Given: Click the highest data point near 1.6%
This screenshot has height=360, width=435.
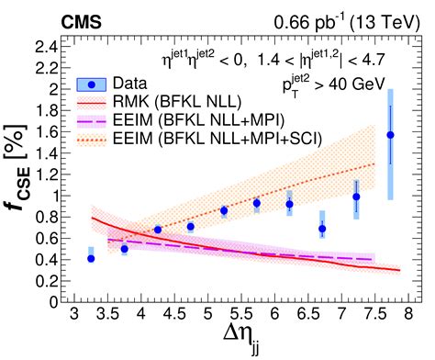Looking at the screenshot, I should click(x=390, y=135).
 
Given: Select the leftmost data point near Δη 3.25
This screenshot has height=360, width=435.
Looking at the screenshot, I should click(x=91, y=258).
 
